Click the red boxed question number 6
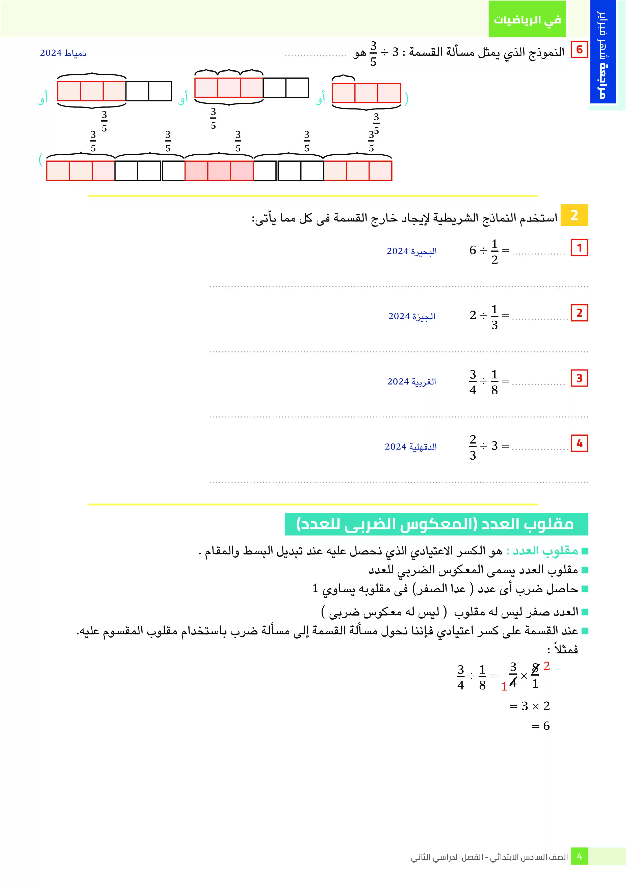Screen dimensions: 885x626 click(x=579, y=50)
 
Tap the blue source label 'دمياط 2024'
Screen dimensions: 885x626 click(x=63, y=53)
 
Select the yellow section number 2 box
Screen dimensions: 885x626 click(x=574, y=215)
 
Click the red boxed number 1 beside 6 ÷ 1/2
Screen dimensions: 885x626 click(x=579, y=248)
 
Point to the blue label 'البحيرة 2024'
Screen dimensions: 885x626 click(x=411, y=251)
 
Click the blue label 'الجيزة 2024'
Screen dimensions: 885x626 click(x=411, y=316)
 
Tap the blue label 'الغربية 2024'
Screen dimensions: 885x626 click(x=411, y=382)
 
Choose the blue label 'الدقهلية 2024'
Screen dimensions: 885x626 click(x=410, y=447)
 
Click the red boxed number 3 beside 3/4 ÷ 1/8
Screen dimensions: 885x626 click(x=579, y=378)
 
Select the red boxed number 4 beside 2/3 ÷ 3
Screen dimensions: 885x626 click(x=579, y=443)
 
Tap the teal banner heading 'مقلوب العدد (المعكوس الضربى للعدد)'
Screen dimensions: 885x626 click(x=436, y=524)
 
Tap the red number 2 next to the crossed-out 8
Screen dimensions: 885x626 click(x=546, y=666)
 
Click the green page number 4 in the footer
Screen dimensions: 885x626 click(x=579, y=856)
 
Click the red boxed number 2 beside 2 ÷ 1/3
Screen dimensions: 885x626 click(x=579, y=313)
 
